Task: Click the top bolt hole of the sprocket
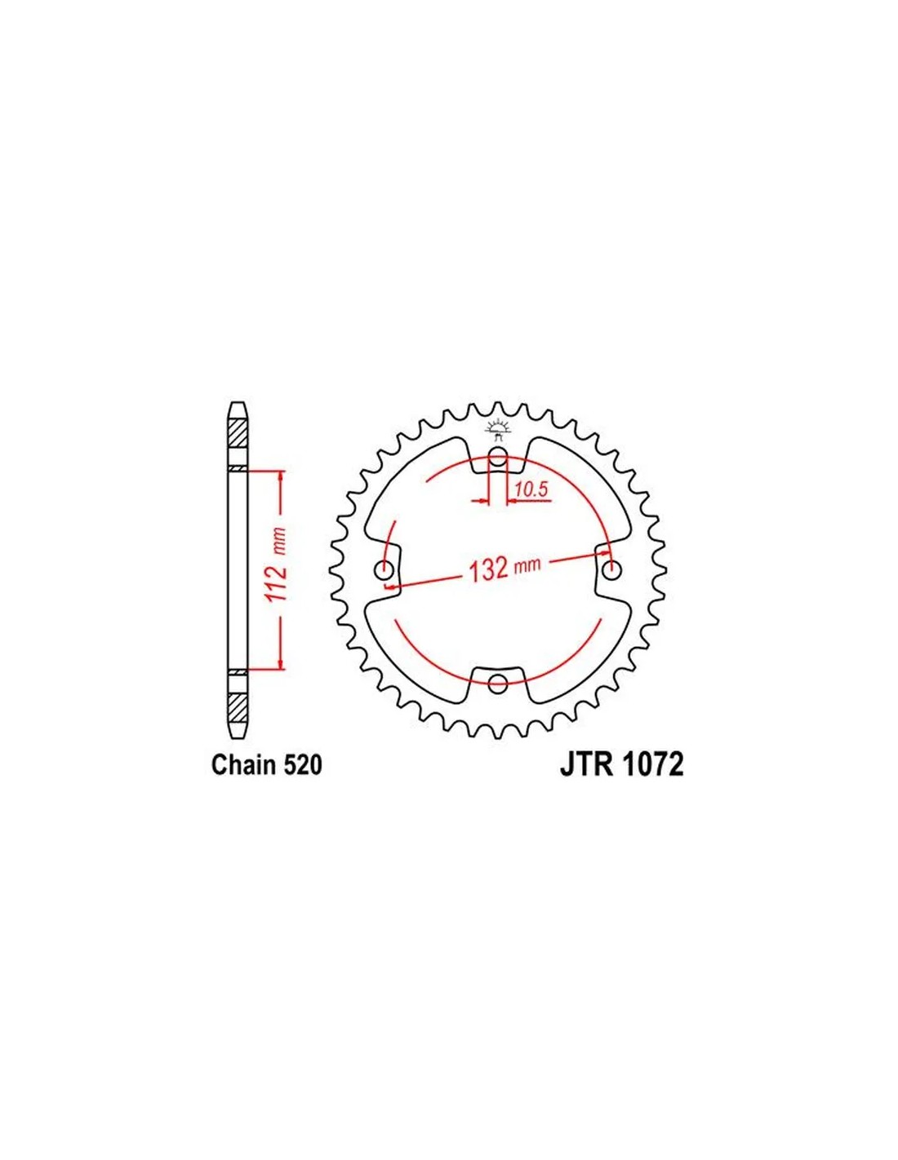[x=498, y=457]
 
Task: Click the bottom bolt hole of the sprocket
[x=498, y=683]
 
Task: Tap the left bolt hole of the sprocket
[x=385, y=570]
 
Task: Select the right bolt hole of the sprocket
[x=611, y=570]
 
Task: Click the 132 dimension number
[x=487, y=570]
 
